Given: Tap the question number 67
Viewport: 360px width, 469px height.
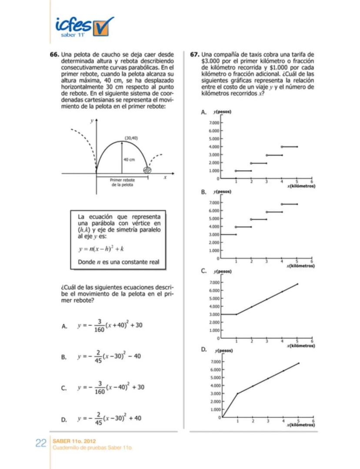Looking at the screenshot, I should tap(194, 55).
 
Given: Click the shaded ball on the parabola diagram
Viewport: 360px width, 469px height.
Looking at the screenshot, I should tap(148, 170).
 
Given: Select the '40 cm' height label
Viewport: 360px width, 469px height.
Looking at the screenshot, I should tap(129, 160).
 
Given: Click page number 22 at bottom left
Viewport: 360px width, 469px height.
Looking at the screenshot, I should tap(41, 443).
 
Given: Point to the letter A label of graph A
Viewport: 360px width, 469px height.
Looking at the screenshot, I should tap(203, 112).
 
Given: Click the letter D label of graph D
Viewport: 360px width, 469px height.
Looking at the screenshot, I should tap(203, 349).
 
